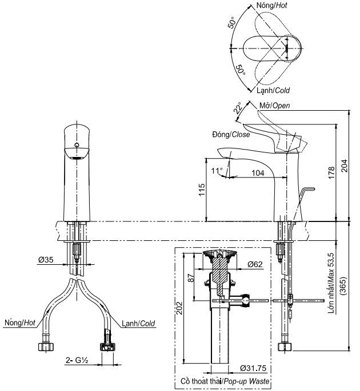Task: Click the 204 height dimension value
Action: click(344, 166)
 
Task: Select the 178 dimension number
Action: click(331, 172)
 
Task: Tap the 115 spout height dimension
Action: click(202, 190)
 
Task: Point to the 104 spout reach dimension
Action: click(258, 173)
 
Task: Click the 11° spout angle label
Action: click(217, 171)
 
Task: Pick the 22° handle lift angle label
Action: click(238, 108)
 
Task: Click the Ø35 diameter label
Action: click(46, 260)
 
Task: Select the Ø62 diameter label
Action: click(255, 264)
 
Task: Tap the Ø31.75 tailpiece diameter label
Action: click(253, 368)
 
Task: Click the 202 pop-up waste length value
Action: click(180, 308)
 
